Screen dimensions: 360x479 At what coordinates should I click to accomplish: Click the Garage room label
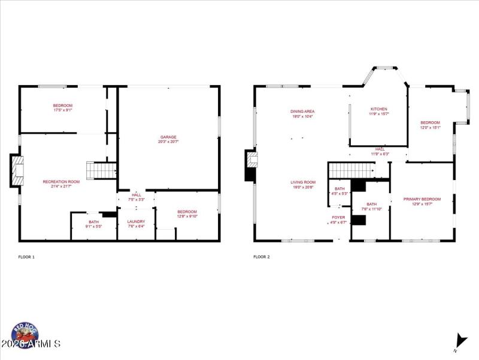pyautogui.click(x=169, y=137)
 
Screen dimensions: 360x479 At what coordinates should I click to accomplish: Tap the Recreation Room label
pyautogui.click(x=61, y=182)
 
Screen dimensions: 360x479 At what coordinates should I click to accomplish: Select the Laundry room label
pyautogui.click(x=136, y=221)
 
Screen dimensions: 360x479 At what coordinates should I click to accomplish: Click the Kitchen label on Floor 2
pyautogui.click(x=378, y=109)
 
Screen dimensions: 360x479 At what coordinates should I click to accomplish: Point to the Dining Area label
pyautogui.click(x=302, y=111)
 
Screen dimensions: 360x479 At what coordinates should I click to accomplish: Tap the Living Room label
pyautogui.click(x=303, y=182)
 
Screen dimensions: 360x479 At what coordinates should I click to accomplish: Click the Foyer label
pyautogui.click(x=339, y=218)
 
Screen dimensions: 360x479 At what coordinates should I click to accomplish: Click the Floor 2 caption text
pyautogui.click(x=261, y=257)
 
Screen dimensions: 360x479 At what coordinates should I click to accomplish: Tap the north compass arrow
pyautogui.click(x=459, y=340)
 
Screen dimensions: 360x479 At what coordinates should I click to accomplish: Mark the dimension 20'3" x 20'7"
pyautogui.click(x=169, y=142)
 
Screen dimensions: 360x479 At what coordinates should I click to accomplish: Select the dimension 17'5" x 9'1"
pyautogui.click(x=63, y=110)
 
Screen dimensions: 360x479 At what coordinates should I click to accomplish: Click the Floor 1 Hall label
pyautogui.click(x=137, y=194)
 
